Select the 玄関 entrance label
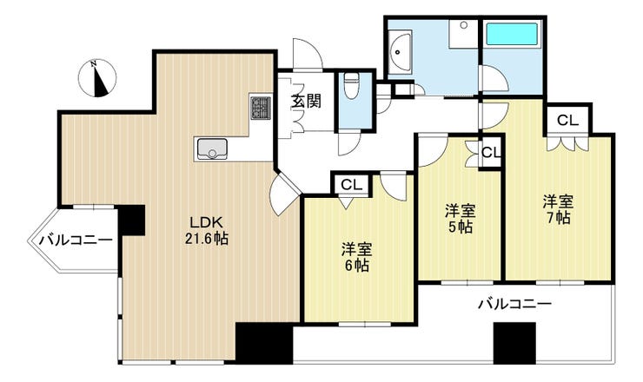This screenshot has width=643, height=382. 306,101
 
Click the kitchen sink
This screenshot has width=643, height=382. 209,149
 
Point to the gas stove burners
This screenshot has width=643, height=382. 261,108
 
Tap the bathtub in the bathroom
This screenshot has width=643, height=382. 513,36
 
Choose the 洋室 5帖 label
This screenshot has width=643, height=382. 461,219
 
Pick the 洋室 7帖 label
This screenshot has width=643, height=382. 558,210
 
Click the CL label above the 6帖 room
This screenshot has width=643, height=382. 350,184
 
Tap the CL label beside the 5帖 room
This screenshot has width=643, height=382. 491,153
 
